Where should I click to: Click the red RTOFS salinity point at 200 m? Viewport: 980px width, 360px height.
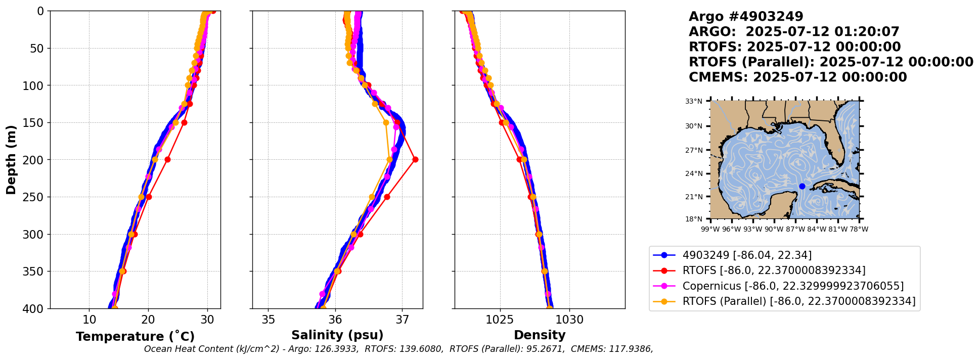(415, 160)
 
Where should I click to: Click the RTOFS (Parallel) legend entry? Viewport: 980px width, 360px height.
(798, 301)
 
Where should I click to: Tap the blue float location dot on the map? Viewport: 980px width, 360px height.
(802, 187)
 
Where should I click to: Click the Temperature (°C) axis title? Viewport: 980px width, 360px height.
(135, 337)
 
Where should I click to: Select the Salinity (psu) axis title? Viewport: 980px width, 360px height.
(337, 335)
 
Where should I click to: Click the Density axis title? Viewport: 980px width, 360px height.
(540, 335)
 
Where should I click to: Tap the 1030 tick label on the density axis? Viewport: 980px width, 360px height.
(570, 320)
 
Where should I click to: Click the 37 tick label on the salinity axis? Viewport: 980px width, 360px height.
(403, 320)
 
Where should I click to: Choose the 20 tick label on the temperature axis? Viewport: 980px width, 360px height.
(148, 320)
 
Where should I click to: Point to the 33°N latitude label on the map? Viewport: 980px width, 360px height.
(694, 102)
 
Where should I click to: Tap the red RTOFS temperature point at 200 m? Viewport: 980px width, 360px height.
(167, 160)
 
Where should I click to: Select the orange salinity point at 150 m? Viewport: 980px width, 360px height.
(386, 123)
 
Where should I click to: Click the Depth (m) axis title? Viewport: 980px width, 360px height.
(11, 160)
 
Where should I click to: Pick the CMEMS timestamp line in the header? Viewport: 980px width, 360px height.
(797, 77)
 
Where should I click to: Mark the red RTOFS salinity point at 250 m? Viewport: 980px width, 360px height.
(387, 197)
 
